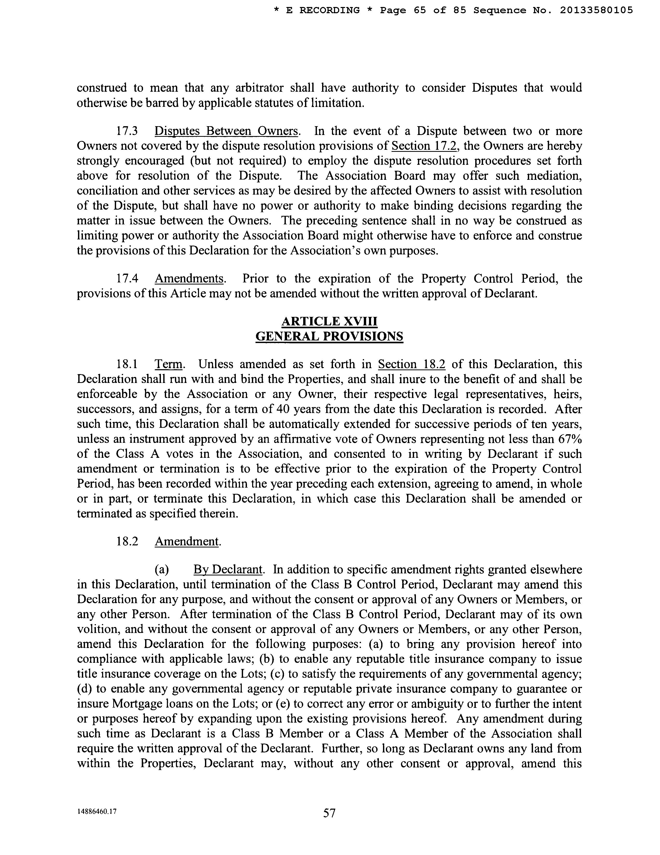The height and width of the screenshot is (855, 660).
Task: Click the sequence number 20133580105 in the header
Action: pyautogui.click(x=596, y=11)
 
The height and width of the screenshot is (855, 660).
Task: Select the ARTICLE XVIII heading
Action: pyautogui.click(x=329, y=322)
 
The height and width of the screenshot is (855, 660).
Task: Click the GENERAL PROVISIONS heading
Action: pyautogui.click(x=329, y=336)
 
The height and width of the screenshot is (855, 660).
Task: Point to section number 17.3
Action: pyautogui.click(x=127, y=131)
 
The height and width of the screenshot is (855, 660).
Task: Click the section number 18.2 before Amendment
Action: pyautogui.click(x=127, y=541)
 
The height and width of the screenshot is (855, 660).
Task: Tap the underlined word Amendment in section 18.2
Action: pyautogui.click(x=187, y=541)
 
